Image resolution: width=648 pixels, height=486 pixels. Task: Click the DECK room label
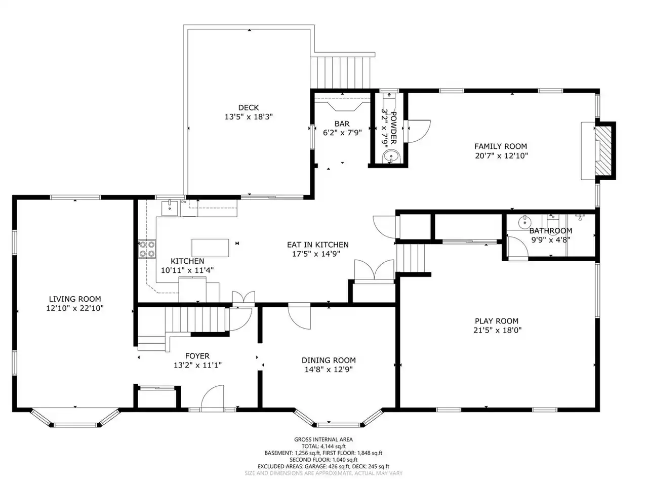248,107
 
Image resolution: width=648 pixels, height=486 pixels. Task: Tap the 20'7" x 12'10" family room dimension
501,155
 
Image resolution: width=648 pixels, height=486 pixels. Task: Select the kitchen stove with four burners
147,249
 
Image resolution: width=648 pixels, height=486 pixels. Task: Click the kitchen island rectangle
210,248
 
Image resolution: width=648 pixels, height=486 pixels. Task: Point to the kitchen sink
170,209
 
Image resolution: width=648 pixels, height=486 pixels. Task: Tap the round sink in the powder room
390,155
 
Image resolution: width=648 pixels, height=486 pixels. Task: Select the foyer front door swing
212,397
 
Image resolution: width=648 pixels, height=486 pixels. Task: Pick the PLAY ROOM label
497,321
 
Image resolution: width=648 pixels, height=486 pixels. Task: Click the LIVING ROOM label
75,299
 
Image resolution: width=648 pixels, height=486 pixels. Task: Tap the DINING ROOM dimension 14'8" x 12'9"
329,369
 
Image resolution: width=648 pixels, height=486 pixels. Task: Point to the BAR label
342,124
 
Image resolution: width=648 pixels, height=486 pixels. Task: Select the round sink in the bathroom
524,222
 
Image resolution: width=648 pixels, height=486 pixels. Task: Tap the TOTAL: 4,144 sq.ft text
323,446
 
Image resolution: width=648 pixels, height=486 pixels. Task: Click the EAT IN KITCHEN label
317,245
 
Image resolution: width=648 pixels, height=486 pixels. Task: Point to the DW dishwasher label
184,202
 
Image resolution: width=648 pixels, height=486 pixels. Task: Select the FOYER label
197,356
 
